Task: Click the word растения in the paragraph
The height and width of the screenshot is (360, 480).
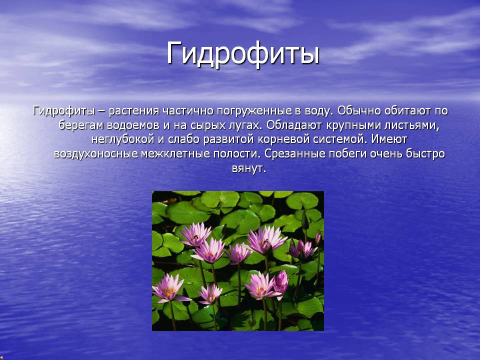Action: [134, 111]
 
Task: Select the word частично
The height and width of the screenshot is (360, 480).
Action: [188, 110]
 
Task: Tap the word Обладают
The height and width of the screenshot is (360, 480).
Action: [294, 125]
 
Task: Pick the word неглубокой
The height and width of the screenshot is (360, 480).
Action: [123, 139]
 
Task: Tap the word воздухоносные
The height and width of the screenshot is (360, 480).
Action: [96, 154]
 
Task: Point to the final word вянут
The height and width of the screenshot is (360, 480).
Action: [249, 168]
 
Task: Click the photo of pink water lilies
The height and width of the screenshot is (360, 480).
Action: [238, 261]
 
